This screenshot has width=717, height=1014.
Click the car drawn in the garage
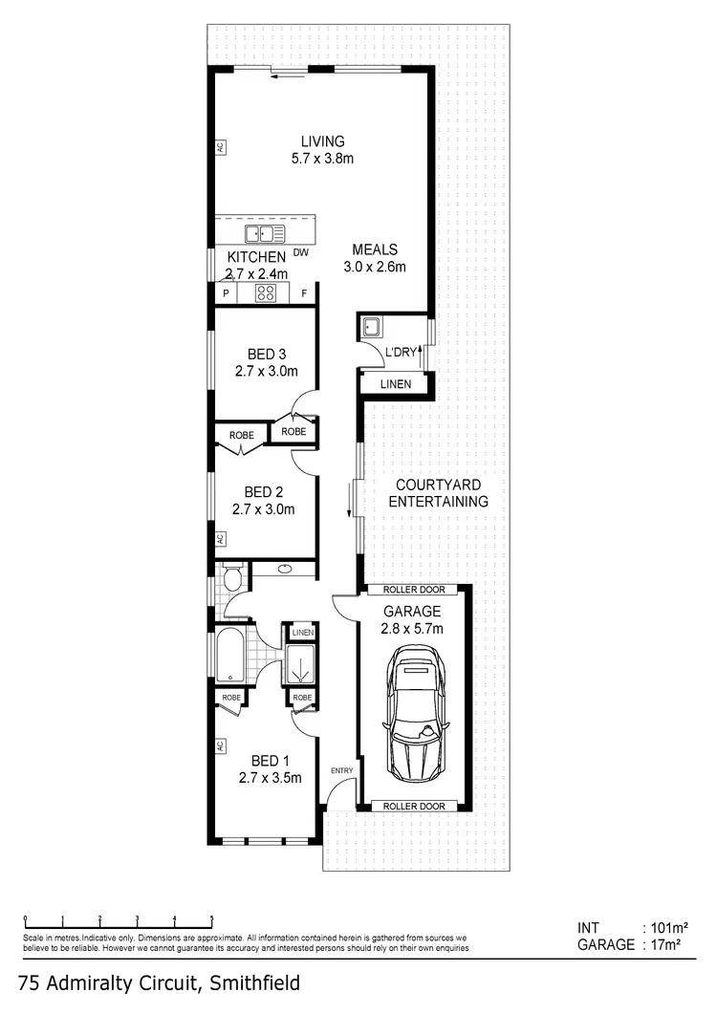pyautogui.click(x=414, y=711)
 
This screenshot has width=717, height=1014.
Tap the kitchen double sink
pyautogui.click(x=265, y=233)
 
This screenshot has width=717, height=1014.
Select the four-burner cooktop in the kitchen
pyautogui.click(x=267, y=294)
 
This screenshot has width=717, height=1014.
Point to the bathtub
pyautogui.click(x=230, y=655)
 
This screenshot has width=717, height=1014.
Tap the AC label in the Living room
pyautogui.click(x=219, y=148)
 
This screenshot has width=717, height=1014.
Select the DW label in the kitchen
pyautogui.click(x=300, y=253)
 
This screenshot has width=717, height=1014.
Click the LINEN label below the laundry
pyautogui.click(x=395, y=384)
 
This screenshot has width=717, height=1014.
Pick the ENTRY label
pyautogui.click(x=341, y=770)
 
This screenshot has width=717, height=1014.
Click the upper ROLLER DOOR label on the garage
pyautogui.click(x=413, y=590)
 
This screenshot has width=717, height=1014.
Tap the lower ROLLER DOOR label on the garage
pyautogui.click(x=413, y=807)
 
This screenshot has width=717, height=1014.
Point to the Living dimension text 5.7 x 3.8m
pyautogui.click(x=322, y=159)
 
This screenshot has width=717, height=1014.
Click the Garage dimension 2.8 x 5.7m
pyautogui.click(x=413, y=628)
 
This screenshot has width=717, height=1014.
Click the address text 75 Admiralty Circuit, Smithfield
pyautogui.click(x=160, y=982)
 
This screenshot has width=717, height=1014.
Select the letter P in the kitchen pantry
pyautogui.click(x=226, y=294)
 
